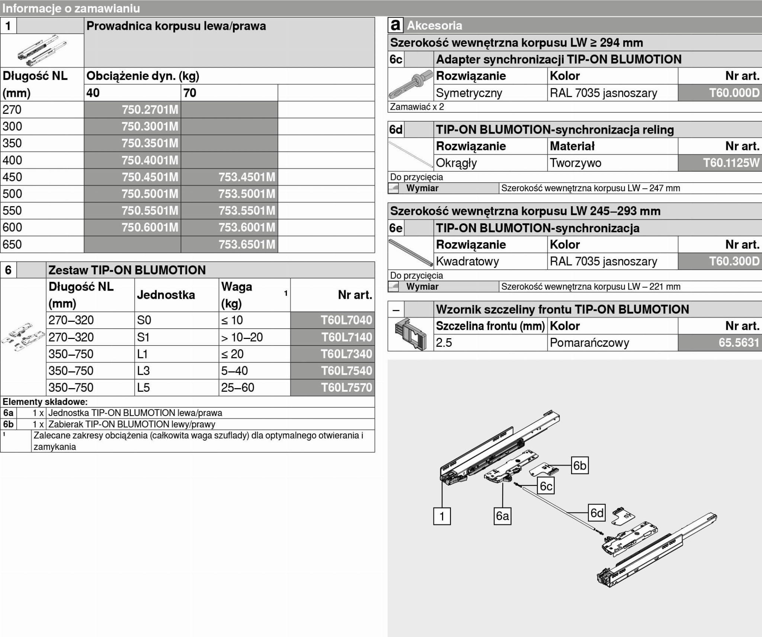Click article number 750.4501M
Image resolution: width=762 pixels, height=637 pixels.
pyautogui.click(x=150, y=177)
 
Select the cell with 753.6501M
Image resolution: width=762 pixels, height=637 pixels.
pyautogui.click(x=247, y=244)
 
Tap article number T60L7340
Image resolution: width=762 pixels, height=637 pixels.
pyautogui.click(x=346, y=354)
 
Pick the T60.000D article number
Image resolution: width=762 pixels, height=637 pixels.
pyautogui.click(x=734, y=93)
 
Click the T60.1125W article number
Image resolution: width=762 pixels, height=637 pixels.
pyautogui.click(x=731, y=163)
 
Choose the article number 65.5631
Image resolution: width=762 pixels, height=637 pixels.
pyautogui.click(x=739, y=342)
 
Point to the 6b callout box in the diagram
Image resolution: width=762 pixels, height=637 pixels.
pyautogui.click(x=580, y=465)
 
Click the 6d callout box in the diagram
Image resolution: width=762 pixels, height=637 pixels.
pyautogui.click(x=597, y=513)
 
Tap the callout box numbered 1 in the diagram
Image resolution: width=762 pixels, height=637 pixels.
pyautogui.click(x=442, y=516)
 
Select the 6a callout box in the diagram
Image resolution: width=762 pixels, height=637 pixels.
pyautogui.click(x=502, y=516)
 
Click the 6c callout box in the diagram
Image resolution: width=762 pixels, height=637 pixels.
pyautogui.click(x=546, y=486)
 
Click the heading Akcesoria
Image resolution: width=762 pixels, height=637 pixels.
pyautogui.click(x=434, y=25)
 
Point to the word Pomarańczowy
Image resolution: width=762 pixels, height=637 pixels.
pyautogui.click(x=589, y=342)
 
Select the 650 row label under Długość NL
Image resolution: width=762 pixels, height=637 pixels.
pyautogui.click(x=12, y=244)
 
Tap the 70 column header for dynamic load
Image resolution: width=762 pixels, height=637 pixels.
pyautogui.click(x=190, y=93)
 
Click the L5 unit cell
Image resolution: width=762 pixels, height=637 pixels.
pyautogui.click(x=144, y=387)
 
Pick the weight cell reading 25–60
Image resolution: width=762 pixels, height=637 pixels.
pyautogui.click(x=237, y=387)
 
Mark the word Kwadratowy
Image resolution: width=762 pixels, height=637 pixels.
pyautogui.click(x=467, y=261)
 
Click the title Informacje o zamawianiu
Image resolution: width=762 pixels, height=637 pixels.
pyautogui.click(x=71, y=8)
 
